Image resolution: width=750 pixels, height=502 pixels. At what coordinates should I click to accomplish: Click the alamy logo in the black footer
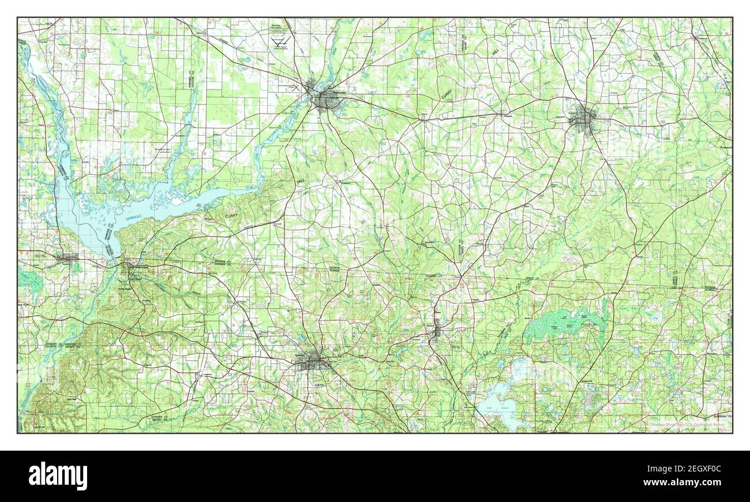click(x=58, y=476)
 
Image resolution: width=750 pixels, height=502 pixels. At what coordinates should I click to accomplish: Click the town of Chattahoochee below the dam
click(x=129, y=267)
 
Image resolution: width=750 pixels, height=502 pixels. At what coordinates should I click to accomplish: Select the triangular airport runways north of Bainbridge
click(x=281, y=44)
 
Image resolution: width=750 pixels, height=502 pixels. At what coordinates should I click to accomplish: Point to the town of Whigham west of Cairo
click(x=508, y=114)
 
